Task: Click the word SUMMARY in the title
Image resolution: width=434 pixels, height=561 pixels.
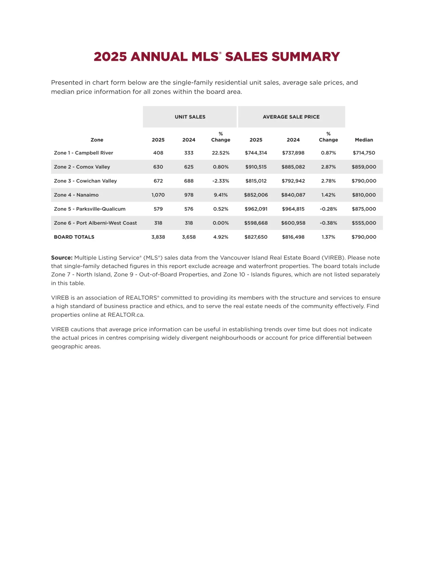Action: [x=306, y=57]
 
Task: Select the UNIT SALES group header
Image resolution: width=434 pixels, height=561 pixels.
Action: [x=190, y=117]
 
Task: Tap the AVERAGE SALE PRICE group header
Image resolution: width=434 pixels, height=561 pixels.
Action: [x=291, y=117]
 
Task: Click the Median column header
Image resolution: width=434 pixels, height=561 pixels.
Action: [x=364, y=140]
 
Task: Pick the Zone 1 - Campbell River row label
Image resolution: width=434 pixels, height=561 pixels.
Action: [x=83, y=153]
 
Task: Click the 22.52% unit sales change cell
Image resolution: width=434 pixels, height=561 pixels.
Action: [x=221, y=153]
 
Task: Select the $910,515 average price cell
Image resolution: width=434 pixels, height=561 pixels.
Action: [x=256, y=167]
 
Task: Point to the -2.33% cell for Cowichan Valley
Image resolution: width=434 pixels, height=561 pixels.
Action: [x=221, y=181]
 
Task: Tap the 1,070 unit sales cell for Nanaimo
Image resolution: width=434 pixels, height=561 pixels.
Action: [x=158, y=195]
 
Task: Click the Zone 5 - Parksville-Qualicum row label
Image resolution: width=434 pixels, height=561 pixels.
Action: [x=89, y=209]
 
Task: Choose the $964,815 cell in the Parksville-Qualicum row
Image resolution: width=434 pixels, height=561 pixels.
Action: [x=293, y=209]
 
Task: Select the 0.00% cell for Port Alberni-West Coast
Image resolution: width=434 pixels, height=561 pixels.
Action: [x=221, y=223]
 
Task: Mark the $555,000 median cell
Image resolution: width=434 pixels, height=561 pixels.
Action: [x=364, y=223]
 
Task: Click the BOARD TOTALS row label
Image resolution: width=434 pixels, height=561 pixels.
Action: [x=74, y=237]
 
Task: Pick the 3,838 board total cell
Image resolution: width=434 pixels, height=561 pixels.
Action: [x=158, y=237]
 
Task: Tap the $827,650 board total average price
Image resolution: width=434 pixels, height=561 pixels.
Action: [x=256, y=237]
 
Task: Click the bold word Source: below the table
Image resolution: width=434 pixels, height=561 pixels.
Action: [x=62, y=258]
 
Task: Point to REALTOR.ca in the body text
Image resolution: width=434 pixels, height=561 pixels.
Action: [x=126, y=315]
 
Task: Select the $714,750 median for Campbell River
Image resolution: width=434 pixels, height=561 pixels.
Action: [x=364, y=153]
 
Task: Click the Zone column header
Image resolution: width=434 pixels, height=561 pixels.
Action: [x=97, y=140]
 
